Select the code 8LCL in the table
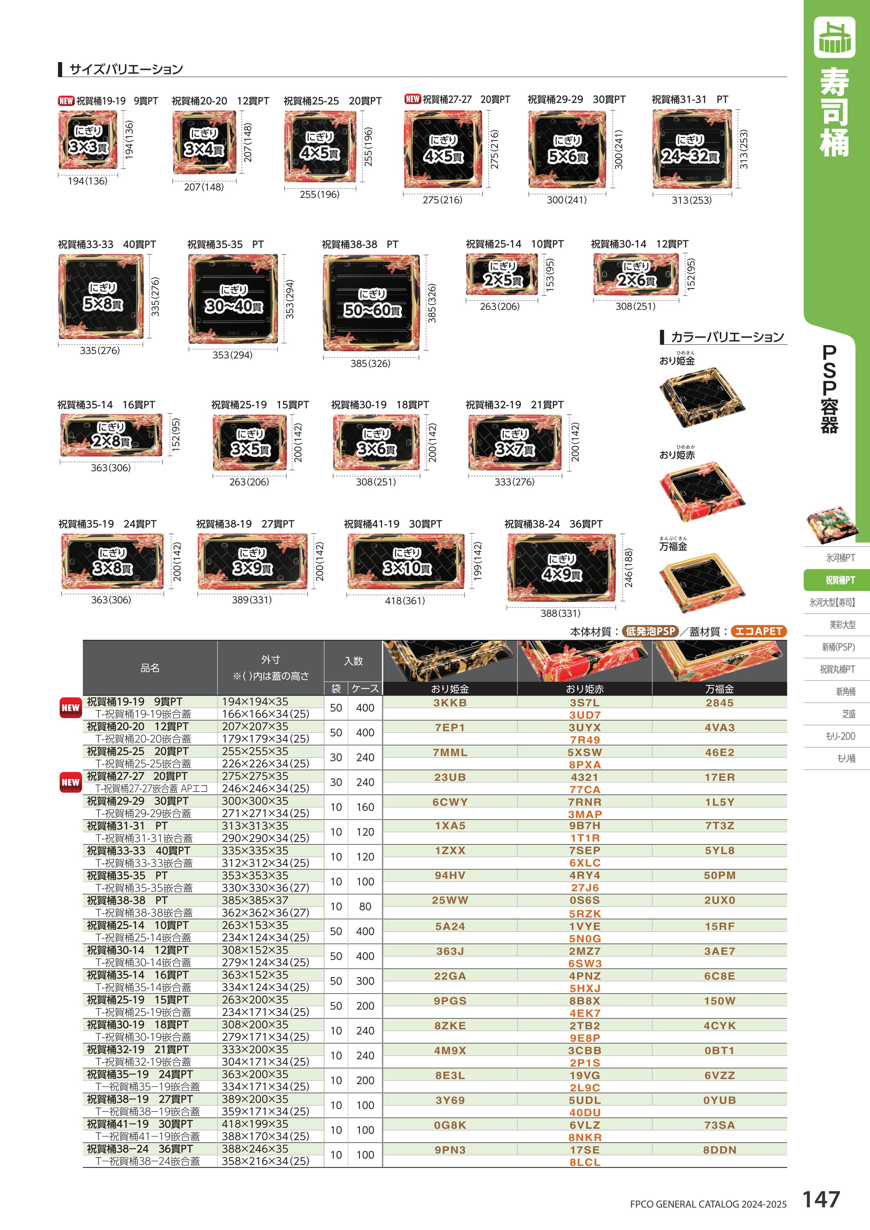pyautogui.click(x=584, y=1162)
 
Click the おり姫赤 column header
pyautogui.click(x=584, y=689)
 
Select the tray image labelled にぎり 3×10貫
pyautogui.click(x=406, y=561)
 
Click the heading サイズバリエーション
pyautogui.click(x=126, y=69)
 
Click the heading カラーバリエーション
pyautogui.click(x=727, y=337)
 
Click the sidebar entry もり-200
pyautogui.click(x=840, y=736)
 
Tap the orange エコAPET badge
pyautogui.click(x=758, y=631)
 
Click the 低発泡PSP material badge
pyautogui.click(x=650, y=631)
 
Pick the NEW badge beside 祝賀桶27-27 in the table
pyautogui.click(x=70, y=782)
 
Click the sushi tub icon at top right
pyautogui.click(x=834, y=37)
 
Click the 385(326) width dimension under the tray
pyautogui.click(x=370, y=363)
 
